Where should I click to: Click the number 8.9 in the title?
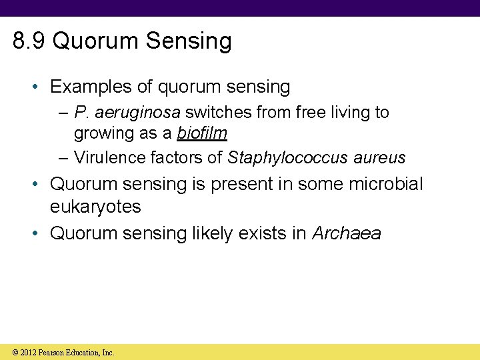coord(29,41)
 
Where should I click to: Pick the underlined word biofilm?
coord(202,133)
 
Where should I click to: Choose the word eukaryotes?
coord(95,207)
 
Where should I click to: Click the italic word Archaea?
coord(347,233)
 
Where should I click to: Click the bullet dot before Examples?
coord(38,87)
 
